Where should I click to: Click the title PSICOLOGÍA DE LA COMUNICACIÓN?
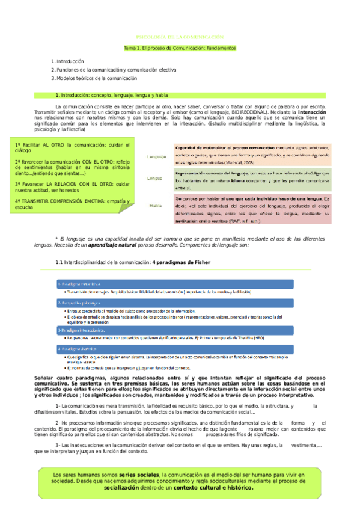180,37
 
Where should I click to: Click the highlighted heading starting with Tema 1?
180,47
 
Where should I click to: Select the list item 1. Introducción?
67,61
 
